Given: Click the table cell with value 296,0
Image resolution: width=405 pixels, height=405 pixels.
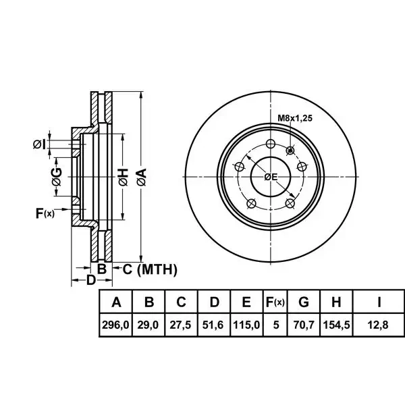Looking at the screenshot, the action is coord(115,325).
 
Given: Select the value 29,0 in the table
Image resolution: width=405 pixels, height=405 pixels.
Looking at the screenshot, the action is coord(148,325).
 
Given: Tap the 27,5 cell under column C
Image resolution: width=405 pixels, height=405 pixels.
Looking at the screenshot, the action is coord(180,325).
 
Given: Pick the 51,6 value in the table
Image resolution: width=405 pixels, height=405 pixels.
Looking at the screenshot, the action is coord(213,325).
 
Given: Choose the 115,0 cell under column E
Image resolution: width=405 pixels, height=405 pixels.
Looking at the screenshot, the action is coord(246,325).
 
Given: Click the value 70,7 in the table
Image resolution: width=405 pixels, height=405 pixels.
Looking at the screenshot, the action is coord(304,325).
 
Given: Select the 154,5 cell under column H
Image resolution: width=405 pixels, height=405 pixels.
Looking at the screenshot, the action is coord(337,325).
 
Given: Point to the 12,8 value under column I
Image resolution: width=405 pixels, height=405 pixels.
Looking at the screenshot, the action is coord(378,325).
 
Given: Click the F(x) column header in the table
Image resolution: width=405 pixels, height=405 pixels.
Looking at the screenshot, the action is coord(275,302).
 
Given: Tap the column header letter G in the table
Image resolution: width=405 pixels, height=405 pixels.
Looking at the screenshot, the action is coord(304,302).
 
